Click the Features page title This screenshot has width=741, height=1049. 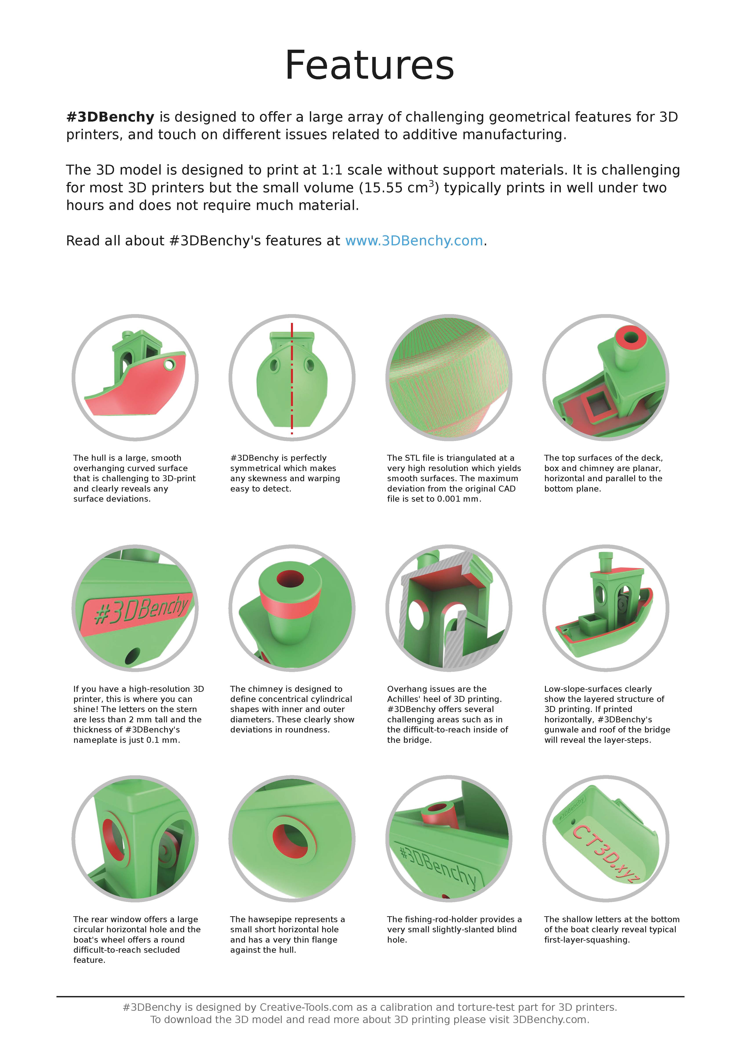[370, 65]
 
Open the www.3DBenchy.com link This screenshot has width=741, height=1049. [414, 241]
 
